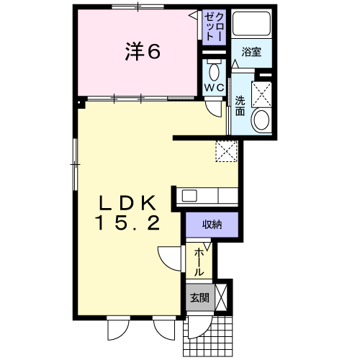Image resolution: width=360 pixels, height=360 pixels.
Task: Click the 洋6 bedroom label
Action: [x=143, y=51]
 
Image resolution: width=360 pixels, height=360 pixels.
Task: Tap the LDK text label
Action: [x=127, y=203]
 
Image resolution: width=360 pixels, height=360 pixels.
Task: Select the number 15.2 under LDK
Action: [x=127, y=223]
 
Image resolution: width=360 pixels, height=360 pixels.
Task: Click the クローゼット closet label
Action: [x=215, y=27]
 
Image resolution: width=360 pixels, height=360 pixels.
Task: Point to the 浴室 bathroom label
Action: [x=251, y=52]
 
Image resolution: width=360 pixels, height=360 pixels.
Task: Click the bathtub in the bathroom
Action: [x=251, y=23]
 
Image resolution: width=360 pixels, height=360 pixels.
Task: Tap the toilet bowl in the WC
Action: [x=214, y=72]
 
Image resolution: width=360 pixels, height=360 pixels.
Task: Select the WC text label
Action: [x=214, y=88]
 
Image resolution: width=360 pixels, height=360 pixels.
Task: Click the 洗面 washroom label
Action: [x=240, y=106]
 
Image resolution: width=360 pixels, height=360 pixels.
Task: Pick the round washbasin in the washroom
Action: [x=261, y=120]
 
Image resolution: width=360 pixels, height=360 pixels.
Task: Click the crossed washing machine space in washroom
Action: [x=261, y=94]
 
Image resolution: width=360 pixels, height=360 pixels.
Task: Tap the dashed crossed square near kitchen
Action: [x=227, y=151]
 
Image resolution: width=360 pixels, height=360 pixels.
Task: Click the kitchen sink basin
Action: [x=189, y=196]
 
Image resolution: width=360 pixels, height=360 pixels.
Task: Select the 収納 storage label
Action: [x=212, y=225]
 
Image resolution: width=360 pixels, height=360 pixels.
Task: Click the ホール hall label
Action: [x=199, y=262]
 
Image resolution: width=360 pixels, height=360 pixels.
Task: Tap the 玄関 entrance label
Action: [x=200, y=298]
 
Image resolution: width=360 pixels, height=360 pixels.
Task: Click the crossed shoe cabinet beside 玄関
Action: [x=221, y=297]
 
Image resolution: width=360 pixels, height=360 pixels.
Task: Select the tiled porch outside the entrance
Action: [x=208, y=336]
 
